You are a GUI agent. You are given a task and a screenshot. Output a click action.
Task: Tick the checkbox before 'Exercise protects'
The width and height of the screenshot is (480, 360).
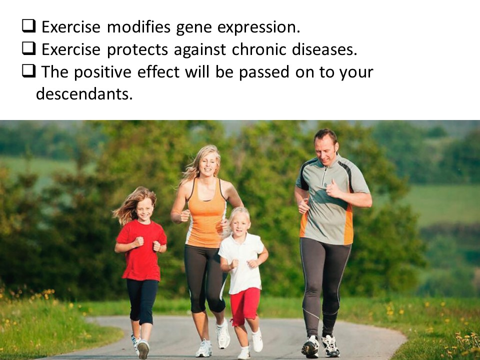[29, 48]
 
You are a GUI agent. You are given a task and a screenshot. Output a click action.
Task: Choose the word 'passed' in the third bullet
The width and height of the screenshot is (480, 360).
[264, 72]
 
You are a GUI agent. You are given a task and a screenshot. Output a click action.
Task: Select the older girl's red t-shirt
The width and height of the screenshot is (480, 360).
[141, 250]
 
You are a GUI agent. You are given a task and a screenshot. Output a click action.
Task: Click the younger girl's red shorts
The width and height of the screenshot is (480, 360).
[244, 306]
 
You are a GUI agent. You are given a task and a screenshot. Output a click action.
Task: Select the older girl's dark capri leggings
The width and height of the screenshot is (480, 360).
[141, 301]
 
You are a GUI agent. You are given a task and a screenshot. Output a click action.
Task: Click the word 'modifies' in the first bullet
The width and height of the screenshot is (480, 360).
[138, 27]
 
